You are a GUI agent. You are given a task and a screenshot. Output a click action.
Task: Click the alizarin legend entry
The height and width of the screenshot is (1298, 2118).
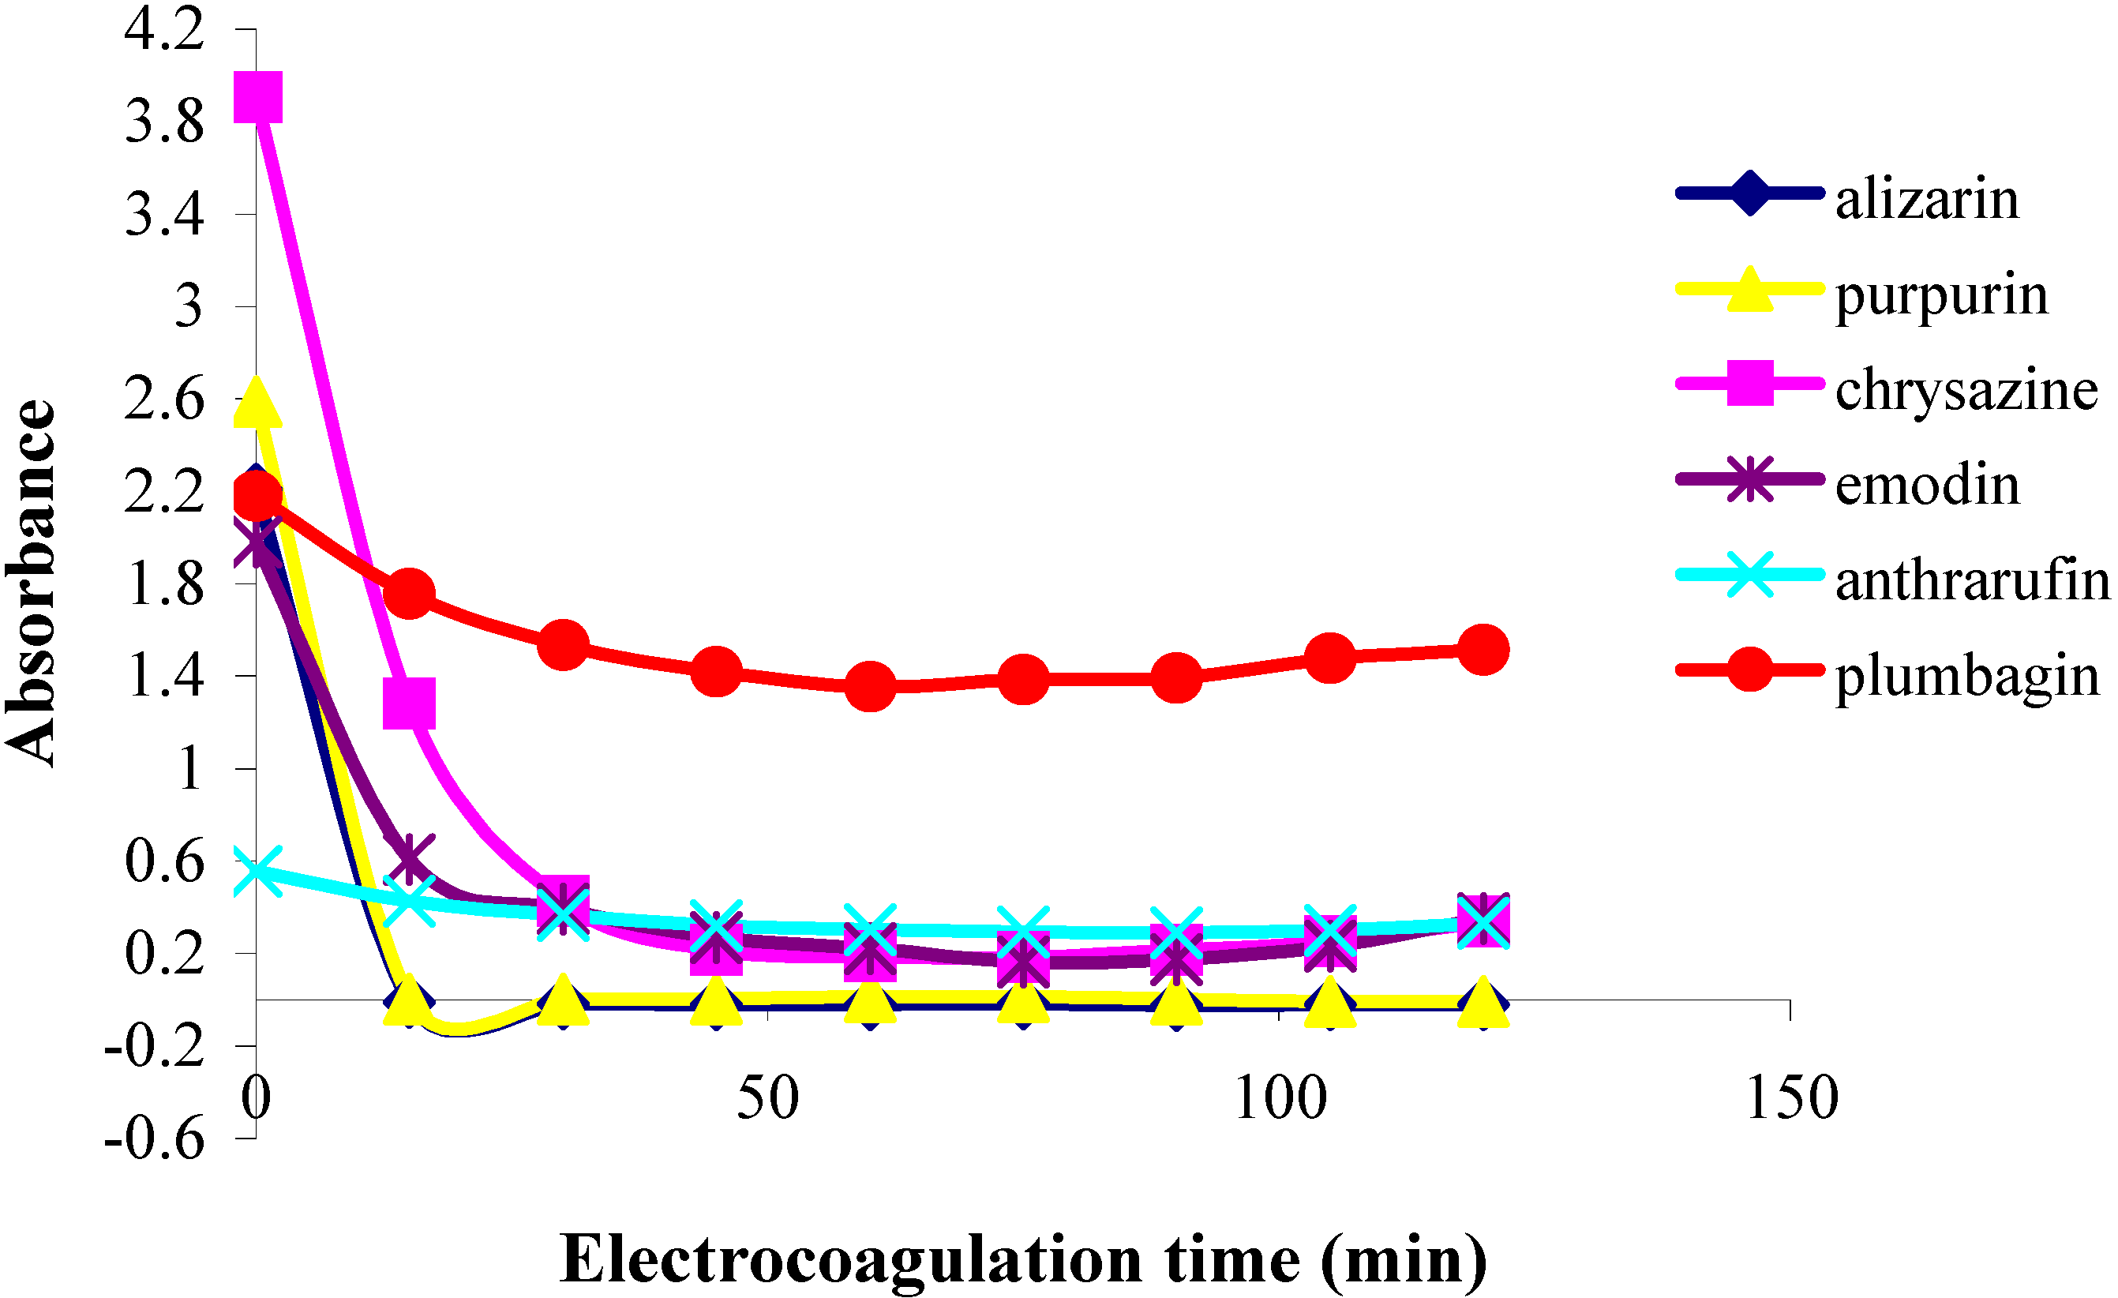click(1926, 200)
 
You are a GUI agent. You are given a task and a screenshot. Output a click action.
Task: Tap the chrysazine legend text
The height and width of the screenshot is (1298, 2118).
click(1966, 390)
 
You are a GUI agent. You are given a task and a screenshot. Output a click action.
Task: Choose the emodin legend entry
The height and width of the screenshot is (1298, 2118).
click(1927, 486)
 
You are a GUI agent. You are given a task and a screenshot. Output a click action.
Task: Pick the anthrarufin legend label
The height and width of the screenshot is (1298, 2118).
click(1972, 581)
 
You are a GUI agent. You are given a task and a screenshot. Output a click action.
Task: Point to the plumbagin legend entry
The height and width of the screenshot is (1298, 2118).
click(1966, 677)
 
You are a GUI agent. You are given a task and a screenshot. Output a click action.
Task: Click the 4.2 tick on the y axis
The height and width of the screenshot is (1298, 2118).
click(164, 29)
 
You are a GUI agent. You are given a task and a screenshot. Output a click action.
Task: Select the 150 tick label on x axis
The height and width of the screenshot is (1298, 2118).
click(1791, 1097)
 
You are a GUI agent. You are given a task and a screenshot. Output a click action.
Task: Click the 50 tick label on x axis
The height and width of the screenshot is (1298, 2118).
click(767, 1097)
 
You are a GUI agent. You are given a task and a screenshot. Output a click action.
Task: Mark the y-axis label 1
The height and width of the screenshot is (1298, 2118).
click(190, 768)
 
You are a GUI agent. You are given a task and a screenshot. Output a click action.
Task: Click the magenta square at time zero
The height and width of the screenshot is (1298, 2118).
click(258, 97)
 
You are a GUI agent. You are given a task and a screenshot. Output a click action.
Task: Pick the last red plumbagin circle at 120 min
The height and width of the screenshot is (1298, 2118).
click(1483, 650)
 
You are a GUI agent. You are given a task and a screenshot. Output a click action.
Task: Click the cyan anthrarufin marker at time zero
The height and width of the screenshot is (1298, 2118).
click(256, 872)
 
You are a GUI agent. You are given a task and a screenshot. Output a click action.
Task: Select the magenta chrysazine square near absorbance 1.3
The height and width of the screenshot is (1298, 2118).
click(409, 703)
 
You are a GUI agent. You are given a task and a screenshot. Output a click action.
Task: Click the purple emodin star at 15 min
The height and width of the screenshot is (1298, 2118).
click(409, 856)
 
